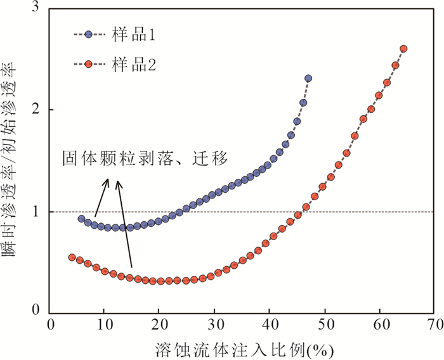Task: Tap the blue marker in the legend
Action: coord(89,35)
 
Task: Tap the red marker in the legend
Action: coord(89,64)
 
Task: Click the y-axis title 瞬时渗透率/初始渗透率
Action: coord(13,158)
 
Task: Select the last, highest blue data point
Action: coord(308,79)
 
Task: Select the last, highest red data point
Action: coord(403,49)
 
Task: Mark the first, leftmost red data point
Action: coord(72,257)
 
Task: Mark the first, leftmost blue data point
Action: coord(81,219)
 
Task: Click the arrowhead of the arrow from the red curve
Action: coord(117,184)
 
